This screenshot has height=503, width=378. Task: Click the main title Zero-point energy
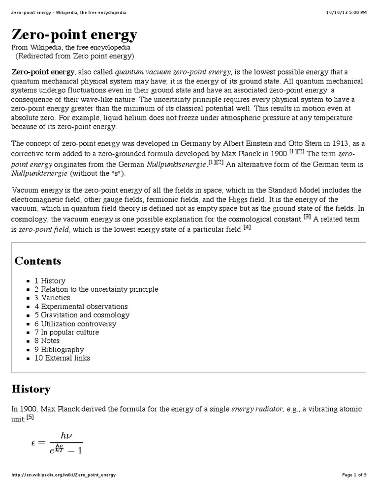click(74, 35)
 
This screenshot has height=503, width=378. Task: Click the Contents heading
click(38, 261)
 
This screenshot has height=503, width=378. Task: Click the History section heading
click(31, 389)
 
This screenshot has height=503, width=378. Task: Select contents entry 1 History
click(50, 281)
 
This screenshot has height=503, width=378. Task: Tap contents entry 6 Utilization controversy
click(75, 324)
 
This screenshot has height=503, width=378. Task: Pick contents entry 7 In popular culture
click(66, 332)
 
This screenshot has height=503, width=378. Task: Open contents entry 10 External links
click(62, 358)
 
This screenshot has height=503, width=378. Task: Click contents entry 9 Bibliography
click(59, 349)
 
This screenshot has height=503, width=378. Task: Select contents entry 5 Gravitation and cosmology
click(82, 315)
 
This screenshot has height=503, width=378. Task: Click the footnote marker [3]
click(307, 217)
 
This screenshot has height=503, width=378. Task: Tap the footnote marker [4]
click(247, 227)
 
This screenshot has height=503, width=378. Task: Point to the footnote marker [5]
click(30, 418)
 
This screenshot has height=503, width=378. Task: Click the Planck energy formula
click(57, 443)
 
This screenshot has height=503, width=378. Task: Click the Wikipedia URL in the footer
click(63, 475)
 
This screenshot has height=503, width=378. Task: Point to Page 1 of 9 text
click(354, 475)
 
